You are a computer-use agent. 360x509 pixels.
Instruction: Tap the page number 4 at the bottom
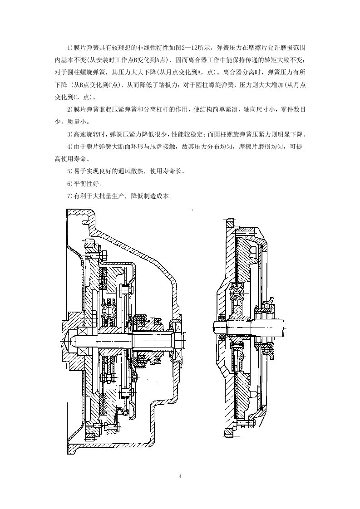coord(180,476)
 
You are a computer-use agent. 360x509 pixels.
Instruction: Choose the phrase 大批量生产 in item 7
coord(108,196)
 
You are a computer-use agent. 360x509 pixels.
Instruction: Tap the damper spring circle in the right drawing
coord(237,295)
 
